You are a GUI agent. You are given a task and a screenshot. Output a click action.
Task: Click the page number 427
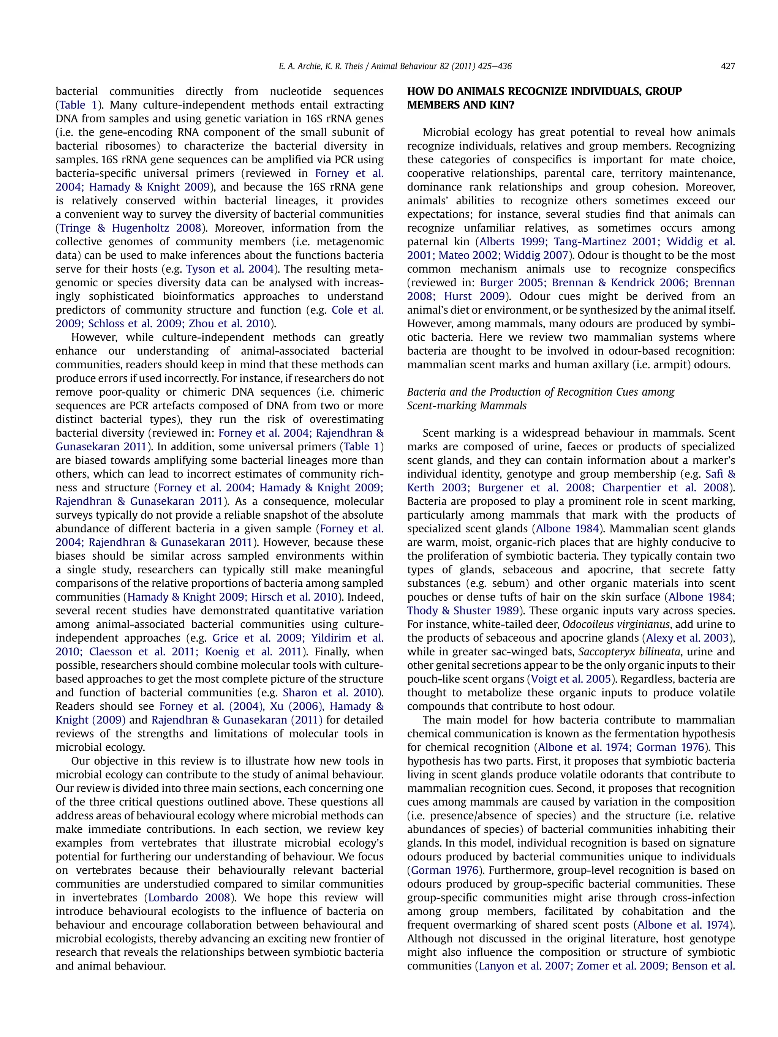coord(727,66)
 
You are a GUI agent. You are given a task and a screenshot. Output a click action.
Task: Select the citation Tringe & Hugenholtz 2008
coord(130,228)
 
